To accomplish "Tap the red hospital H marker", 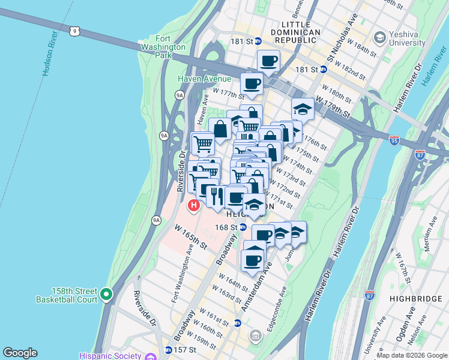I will (x=193, y=206).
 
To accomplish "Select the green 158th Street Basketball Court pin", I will (x=106, y=294).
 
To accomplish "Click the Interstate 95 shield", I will (x=394, y=140).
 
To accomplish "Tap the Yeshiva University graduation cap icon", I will (x=379, y=38).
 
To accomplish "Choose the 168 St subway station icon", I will (x=243, y=227).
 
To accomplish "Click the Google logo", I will (x=20, y=353).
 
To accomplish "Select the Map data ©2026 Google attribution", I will (x=411, y=355).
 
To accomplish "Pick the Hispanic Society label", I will (x=111, y=355).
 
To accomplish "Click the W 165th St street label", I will (x=191, y=238).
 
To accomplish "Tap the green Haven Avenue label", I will (x=204, y=79).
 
